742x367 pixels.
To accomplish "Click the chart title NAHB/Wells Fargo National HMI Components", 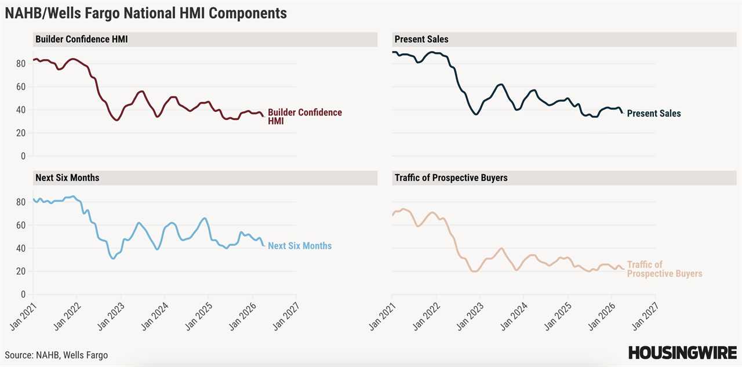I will [x=146, y=13].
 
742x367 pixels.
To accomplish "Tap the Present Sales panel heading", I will [x=421, y=39].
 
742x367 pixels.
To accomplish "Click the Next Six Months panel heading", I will [x=67, y=177].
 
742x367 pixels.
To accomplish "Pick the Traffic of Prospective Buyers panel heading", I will [x=451, y=177].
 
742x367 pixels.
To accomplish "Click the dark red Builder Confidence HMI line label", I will [x=304, y=117].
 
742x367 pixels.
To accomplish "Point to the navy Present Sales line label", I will [x=654, y=114].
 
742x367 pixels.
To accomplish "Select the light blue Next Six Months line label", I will [x=300, y=246].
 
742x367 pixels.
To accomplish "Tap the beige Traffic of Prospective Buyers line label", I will [x=664, y=269].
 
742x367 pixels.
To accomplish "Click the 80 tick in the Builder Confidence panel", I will [x=22, y=63].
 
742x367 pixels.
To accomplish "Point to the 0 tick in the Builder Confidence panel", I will [x=24, y=156].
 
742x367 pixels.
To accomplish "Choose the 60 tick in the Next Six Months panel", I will [x=22, y=225].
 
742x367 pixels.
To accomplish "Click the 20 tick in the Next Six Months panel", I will [x=22, y=271].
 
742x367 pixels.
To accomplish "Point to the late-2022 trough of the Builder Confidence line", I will [x=117, y=120].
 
